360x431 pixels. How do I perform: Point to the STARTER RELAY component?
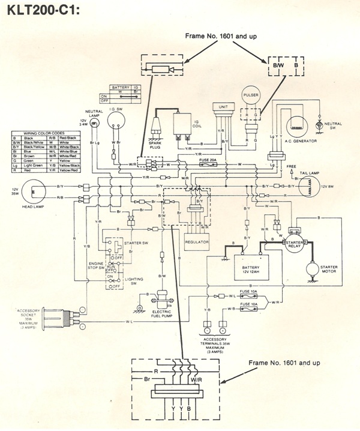pos(296,232)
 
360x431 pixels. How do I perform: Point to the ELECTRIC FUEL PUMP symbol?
pos(161,299)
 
